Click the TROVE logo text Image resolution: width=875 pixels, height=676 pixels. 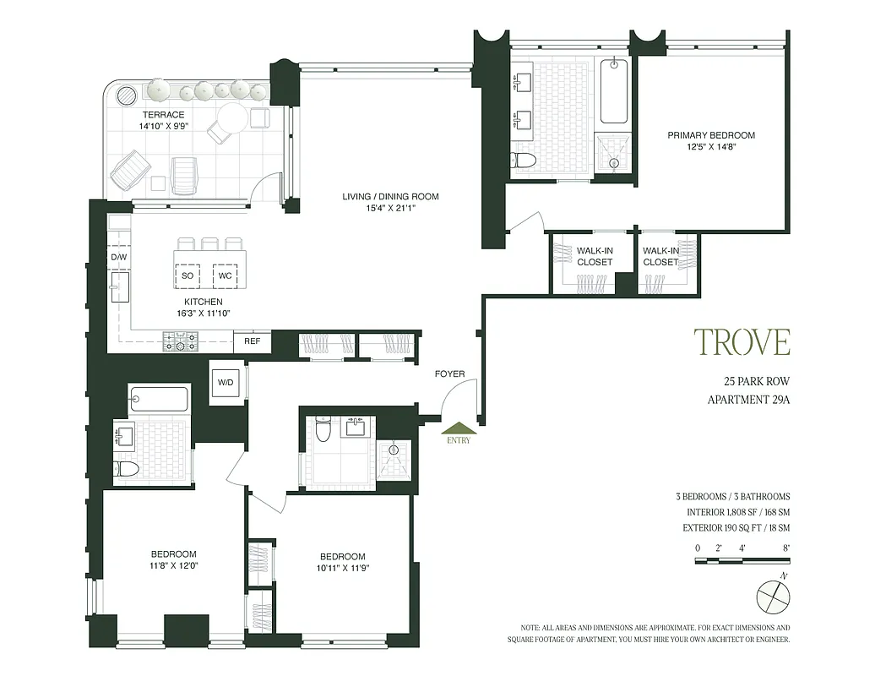click(x=742, y=341)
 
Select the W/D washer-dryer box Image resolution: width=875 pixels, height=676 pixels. click(x=226, y=383)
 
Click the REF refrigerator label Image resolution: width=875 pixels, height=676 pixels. click(x=252, y=342)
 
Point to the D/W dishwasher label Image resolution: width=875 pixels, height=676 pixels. click(x=118, y=257)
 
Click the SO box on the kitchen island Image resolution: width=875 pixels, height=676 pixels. click(x=187, y=275)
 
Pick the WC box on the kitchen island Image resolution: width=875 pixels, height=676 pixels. click(x=225, y=275)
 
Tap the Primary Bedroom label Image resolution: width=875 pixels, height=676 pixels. click(x=711, y=135)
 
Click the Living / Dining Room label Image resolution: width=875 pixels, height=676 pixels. click(x=390, y=197)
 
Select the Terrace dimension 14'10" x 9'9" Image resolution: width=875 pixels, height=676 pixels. click(x=164, y=127)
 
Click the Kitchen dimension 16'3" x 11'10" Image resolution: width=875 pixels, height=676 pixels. click(x=203, y=313)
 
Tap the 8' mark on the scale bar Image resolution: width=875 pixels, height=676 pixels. click(x=785, y=548)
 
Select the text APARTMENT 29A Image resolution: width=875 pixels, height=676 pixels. click(x=747, y=401)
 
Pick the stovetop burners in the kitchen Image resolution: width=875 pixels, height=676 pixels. click(x=180, y=342)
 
